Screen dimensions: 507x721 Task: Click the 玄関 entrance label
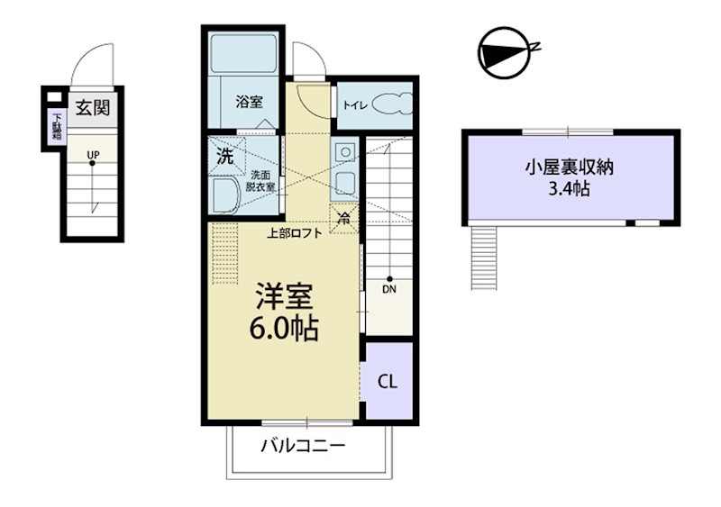(92, 109)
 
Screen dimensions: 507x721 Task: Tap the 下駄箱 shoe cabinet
(56, 125)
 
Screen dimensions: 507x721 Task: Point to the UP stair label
(92, 154)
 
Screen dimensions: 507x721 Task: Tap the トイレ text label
(354, 105)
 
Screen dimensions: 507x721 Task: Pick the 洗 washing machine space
(224, 154)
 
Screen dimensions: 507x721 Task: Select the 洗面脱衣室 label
(262, 181)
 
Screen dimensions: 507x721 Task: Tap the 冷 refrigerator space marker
(344, 216)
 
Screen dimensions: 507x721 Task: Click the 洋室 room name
(282, 296)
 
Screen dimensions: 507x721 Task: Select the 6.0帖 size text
(282, 329)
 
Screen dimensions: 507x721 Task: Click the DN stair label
(388, 290)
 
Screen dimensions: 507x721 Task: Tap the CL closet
(387, 381)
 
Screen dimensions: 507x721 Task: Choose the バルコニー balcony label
(303, 446)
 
